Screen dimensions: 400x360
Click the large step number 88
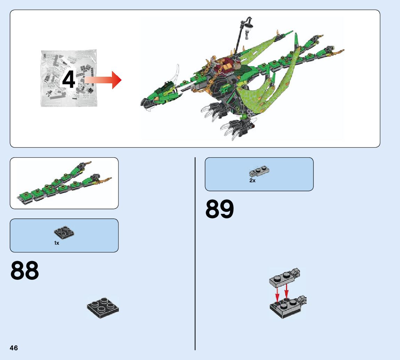[25, 271]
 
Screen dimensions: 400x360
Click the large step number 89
[220, 209]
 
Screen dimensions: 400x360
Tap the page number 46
[14, 348]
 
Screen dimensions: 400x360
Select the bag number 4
[69, 80]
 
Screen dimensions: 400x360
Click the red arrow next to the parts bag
[103, 80]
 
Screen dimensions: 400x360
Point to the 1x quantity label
[57, 243]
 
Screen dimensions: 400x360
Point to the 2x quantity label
[252, 181]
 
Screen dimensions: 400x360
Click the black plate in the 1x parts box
[64, 233]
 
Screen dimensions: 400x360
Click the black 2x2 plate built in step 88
[103, 307]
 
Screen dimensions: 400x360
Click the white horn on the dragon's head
[177, 75]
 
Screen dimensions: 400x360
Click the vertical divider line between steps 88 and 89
[195, 253]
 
